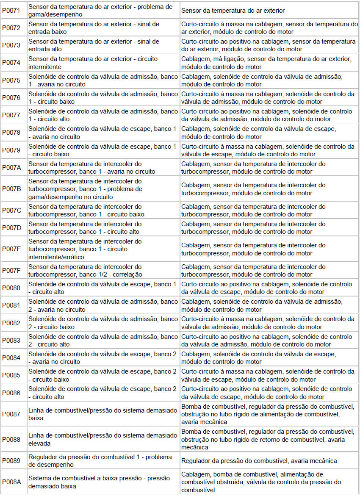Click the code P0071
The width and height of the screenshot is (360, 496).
tap(11, 10)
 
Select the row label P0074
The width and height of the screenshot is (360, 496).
tap(11, 63)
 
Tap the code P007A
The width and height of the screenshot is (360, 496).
tap(11, 167)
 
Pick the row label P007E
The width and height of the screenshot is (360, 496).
tap(11, 249)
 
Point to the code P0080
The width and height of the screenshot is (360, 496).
tap(11, 288)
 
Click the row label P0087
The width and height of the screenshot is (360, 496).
tap(11, 414)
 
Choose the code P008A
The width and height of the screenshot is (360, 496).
tap(11, 482)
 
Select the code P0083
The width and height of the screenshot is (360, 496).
tap(11, 340)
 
